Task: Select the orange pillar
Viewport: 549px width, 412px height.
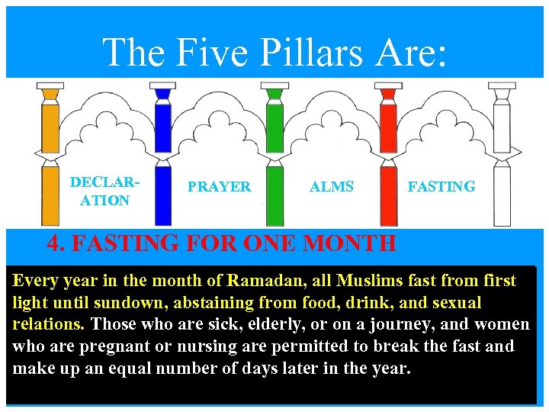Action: coord(50,153)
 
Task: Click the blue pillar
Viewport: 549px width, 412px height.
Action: coord(162,153)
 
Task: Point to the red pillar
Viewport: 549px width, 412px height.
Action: coord(388,153)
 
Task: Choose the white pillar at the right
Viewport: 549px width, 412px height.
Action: coord(501,153)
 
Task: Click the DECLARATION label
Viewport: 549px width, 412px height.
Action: coord(100,192)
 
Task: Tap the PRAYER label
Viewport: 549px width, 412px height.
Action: coord(219,187)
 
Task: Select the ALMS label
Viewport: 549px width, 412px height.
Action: coord(331,187)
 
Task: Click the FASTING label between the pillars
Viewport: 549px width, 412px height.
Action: coord(441,186)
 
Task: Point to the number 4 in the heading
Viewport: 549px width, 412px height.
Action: coord(55,244)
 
